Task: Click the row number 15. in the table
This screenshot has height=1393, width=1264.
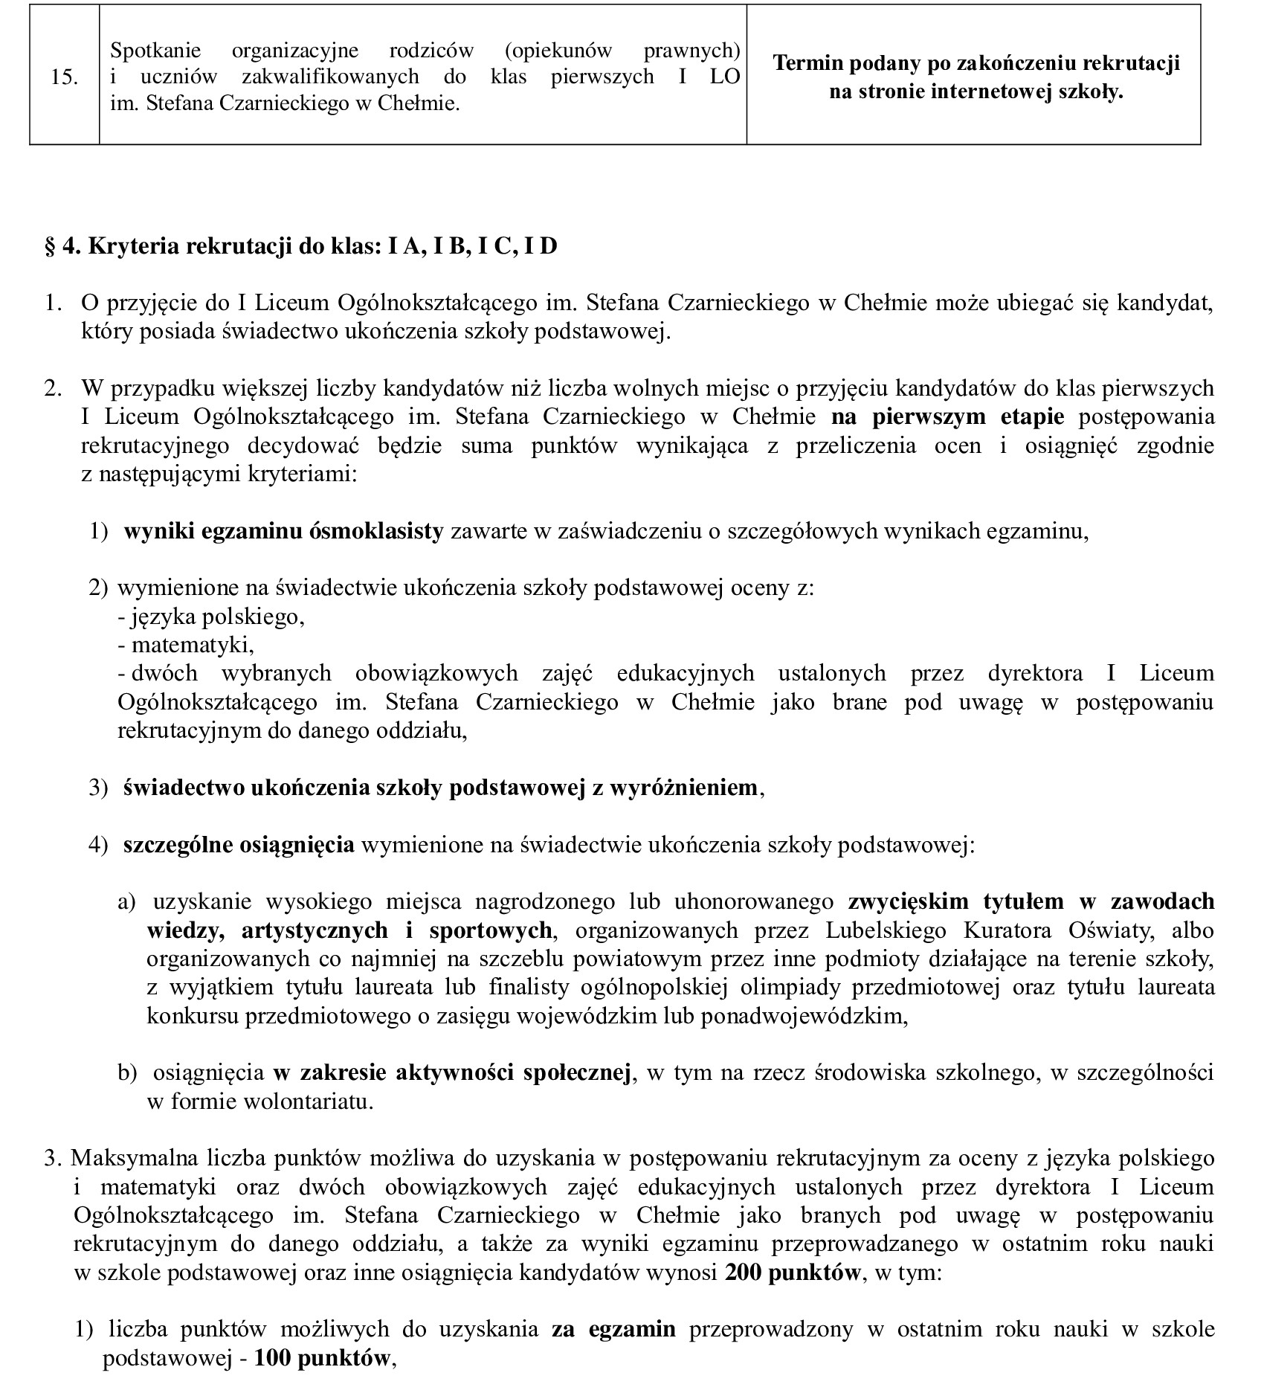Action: [x=65, y=78]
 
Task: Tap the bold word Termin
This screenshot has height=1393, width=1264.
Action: [x=809, y=64]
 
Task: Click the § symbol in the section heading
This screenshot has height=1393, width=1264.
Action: [x=51, y=246]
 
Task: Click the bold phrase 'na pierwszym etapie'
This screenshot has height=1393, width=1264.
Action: [x=948, y=416]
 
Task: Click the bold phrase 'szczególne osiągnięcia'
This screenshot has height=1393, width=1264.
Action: [x=239, y=845]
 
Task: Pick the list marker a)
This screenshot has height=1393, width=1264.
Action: [x=127, y=902]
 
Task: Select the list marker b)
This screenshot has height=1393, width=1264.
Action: [x=127, y=1073]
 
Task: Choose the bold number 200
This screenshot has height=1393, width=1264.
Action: [x=744, y=1273]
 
